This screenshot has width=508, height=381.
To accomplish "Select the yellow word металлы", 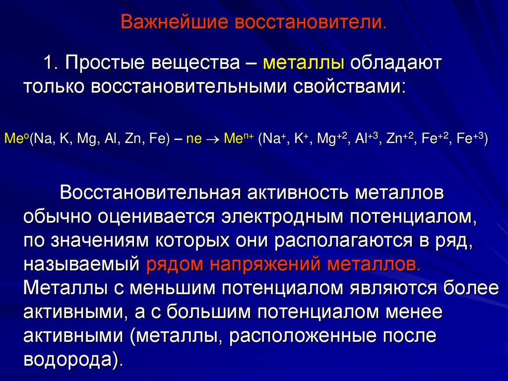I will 304,64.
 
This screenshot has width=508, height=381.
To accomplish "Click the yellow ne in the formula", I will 194,139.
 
